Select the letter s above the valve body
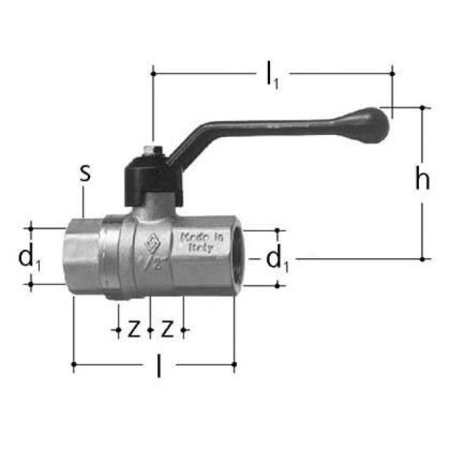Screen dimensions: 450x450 click(84, 173)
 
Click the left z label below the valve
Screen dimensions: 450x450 click(133, 328)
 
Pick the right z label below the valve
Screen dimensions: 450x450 click(167, 328)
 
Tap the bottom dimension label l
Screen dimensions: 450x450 click(158, 366)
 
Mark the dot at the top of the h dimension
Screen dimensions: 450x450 click(423, 108)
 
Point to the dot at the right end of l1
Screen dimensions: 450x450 click(392, 72)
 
